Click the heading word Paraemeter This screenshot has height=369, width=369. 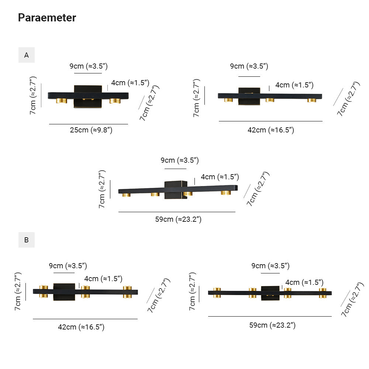pyautogui.click(x=47, y=17)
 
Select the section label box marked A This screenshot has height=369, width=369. pyautogui.click(x=27, y=55)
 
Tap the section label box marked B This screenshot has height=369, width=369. pyautogui.click(x=27, y=240)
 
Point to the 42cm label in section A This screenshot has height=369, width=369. pyautogui.click(x=270, y=130)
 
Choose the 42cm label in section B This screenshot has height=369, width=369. pyautogui.click(x=81, y=327)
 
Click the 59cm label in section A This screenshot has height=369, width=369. pyautogui.click(x=178, y=219)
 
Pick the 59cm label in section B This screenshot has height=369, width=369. pyautogui.click(x=272, y=325)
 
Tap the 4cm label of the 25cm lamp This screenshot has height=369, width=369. pyautogui.click(x=130, y=83)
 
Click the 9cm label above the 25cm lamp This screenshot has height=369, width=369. pyautogui.click(x=89, y=66)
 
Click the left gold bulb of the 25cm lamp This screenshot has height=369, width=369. pyautogui.click(x=61, y=100)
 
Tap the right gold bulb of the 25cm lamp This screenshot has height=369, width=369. pyautogui.click(x=115, y=100)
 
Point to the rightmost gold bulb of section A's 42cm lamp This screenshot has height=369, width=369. pyautogui.click(x=312, y=100)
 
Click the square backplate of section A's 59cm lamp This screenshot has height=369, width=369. pyautogui.click(x=176, y=190)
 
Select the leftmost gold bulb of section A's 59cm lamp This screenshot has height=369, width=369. pyautogui.click(x=126, y=194)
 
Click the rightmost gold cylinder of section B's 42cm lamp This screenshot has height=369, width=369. pyautogui.click(x=127, y=292)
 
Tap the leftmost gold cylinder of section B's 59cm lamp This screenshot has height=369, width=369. pyautogui.click(x=217, y=293)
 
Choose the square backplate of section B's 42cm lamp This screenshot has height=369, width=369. pyautogui.click(x=64, y=292)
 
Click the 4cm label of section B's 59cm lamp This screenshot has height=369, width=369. pyautogui.click(x=304, y=282)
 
